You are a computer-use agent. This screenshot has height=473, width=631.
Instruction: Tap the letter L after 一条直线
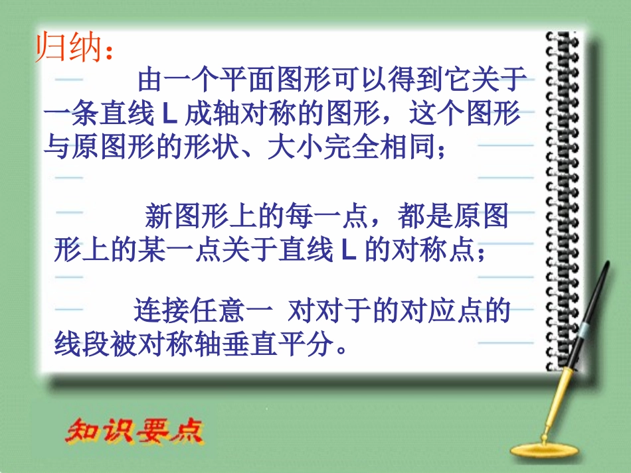coord(168,114)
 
